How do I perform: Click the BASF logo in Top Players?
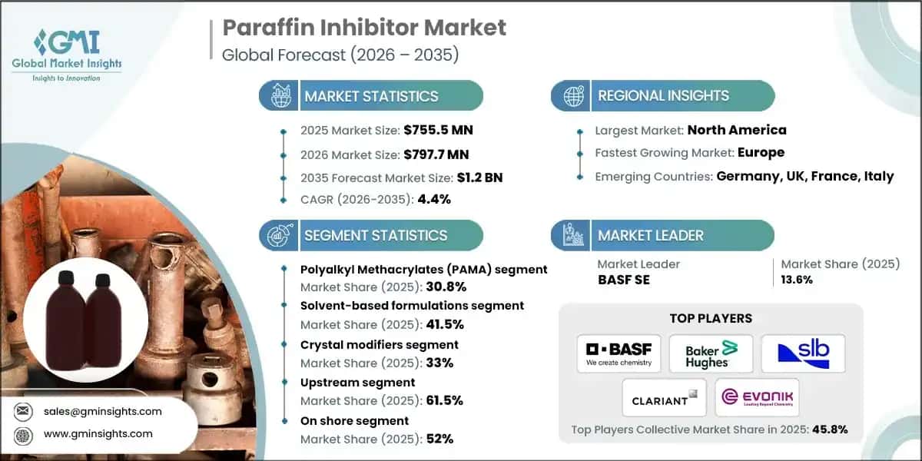coord(619,353)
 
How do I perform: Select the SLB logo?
coord(802,353)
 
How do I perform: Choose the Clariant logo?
coord(665,397)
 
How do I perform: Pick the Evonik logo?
coord(757,397)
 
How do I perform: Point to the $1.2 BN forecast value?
coord(479,177)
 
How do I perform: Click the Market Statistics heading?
coord(371,96)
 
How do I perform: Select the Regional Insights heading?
coord(663,96)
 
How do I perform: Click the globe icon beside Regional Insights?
coord(573,96)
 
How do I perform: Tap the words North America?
coord(736,130)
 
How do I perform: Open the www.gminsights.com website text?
coord(98,434)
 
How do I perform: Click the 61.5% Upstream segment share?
coord(446,400)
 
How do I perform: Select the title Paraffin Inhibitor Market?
coord(364,28)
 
